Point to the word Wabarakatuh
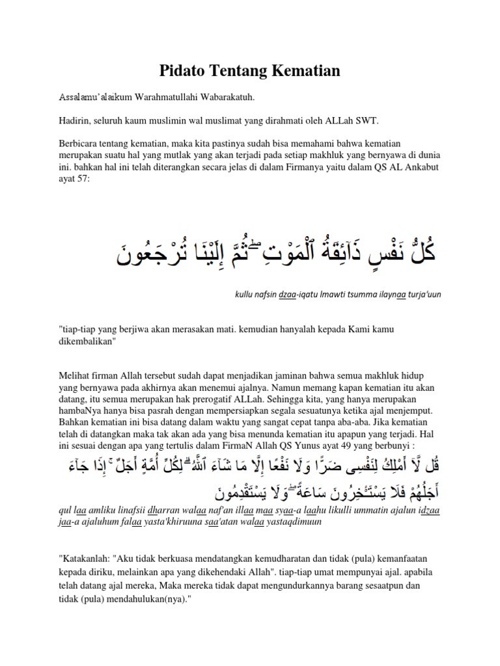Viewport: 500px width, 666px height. pyautogui.click(x=225, y=98)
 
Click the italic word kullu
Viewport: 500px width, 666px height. pyautogui.click(x=244, y=295)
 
